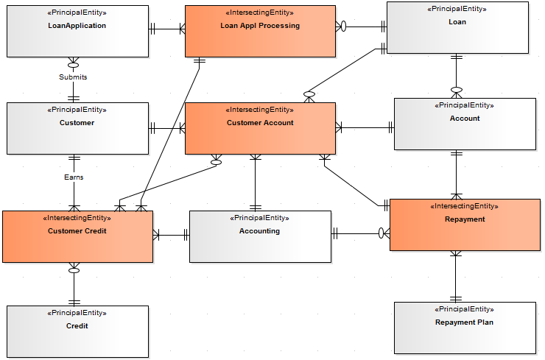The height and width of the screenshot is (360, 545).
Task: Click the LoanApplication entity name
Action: coord(77,26)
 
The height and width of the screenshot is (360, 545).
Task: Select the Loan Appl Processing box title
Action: coord(260,26)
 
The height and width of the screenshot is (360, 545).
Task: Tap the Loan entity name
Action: coord(457,22)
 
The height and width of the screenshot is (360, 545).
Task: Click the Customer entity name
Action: coord(77,123)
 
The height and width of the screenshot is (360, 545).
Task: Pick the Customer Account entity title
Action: coord(260,123)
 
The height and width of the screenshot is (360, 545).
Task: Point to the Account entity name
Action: coord(464,119)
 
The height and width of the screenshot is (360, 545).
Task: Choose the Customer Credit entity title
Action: coord(77,231)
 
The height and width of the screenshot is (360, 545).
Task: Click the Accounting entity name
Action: coord(259,231)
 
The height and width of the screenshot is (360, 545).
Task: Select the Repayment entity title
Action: coord(465,219)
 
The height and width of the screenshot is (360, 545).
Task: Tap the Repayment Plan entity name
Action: coord(464,322)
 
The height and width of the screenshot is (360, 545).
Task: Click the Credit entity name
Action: coord(77,326)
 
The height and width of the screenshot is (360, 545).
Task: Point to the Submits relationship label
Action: coord(73,77)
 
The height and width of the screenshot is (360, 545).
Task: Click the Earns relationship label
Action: coord(73,177)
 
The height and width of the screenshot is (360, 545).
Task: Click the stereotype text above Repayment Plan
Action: coord(464,309)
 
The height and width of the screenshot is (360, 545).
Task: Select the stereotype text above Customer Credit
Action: coord(77,218)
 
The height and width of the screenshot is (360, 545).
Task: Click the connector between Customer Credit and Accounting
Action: coord(171,236)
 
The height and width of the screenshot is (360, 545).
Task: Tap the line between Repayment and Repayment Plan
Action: coord(456,276)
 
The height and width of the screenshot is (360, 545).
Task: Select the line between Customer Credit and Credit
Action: coord(74,284)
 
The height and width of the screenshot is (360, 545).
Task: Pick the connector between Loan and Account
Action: coord(457,76)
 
